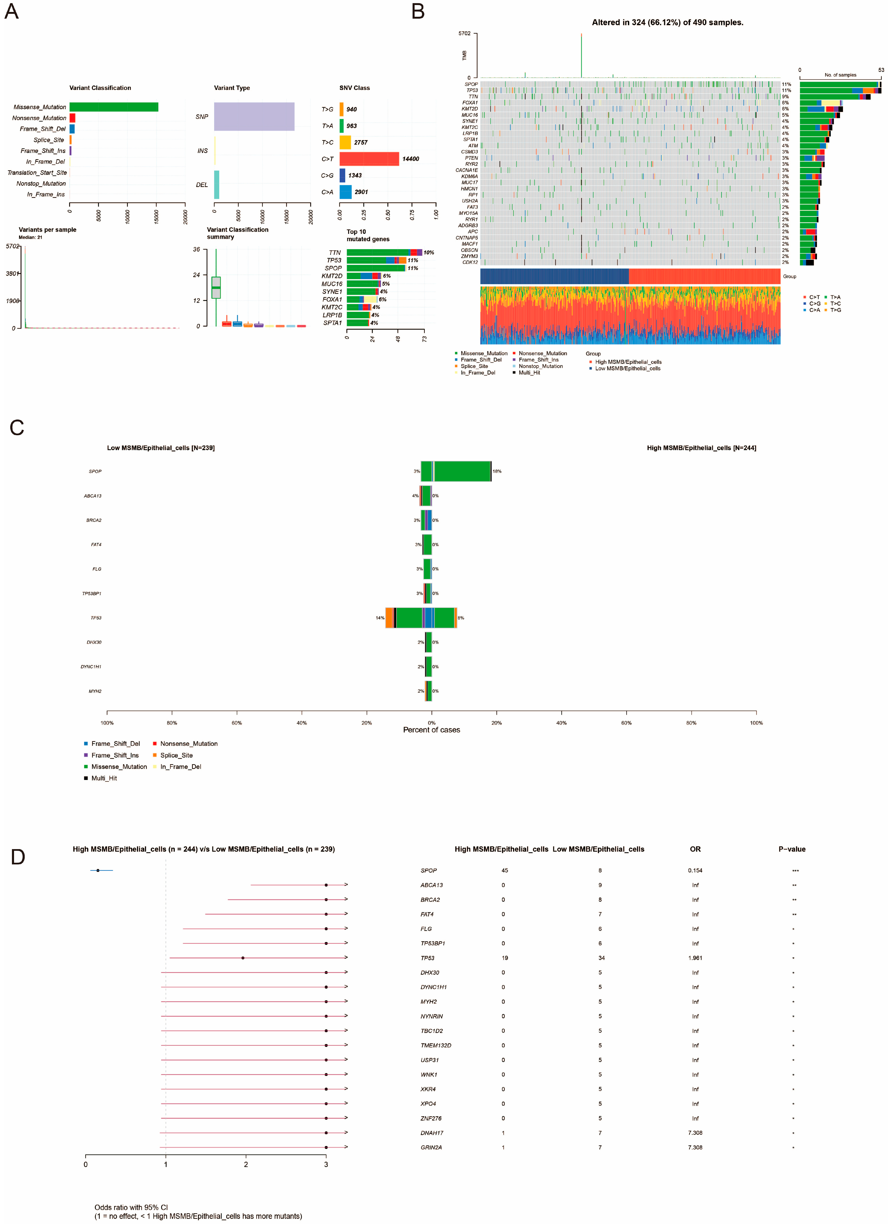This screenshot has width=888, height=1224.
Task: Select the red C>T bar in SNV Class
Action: (x=369, y=159)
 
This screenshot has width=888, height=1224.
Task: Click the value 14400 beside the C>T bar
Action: (x=410, y=159)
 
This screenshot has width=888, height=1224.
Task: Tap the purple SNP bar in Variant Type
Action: (x=254, y=117)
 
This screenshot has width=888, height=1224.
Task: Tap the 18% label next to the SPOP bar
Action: (x=497, y=471)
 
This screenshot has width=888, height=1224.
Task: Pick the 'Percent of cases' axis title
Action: (x=432, y=730)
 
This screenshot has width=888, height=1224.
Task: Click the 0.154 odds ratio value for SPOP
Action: (x=695, y=870)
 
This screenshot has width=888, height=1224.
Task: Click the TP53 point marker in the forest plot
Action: (x=243, y=958)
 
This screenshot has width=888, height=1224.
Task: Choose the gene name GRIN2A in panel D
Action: (x=431, y=1147)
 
